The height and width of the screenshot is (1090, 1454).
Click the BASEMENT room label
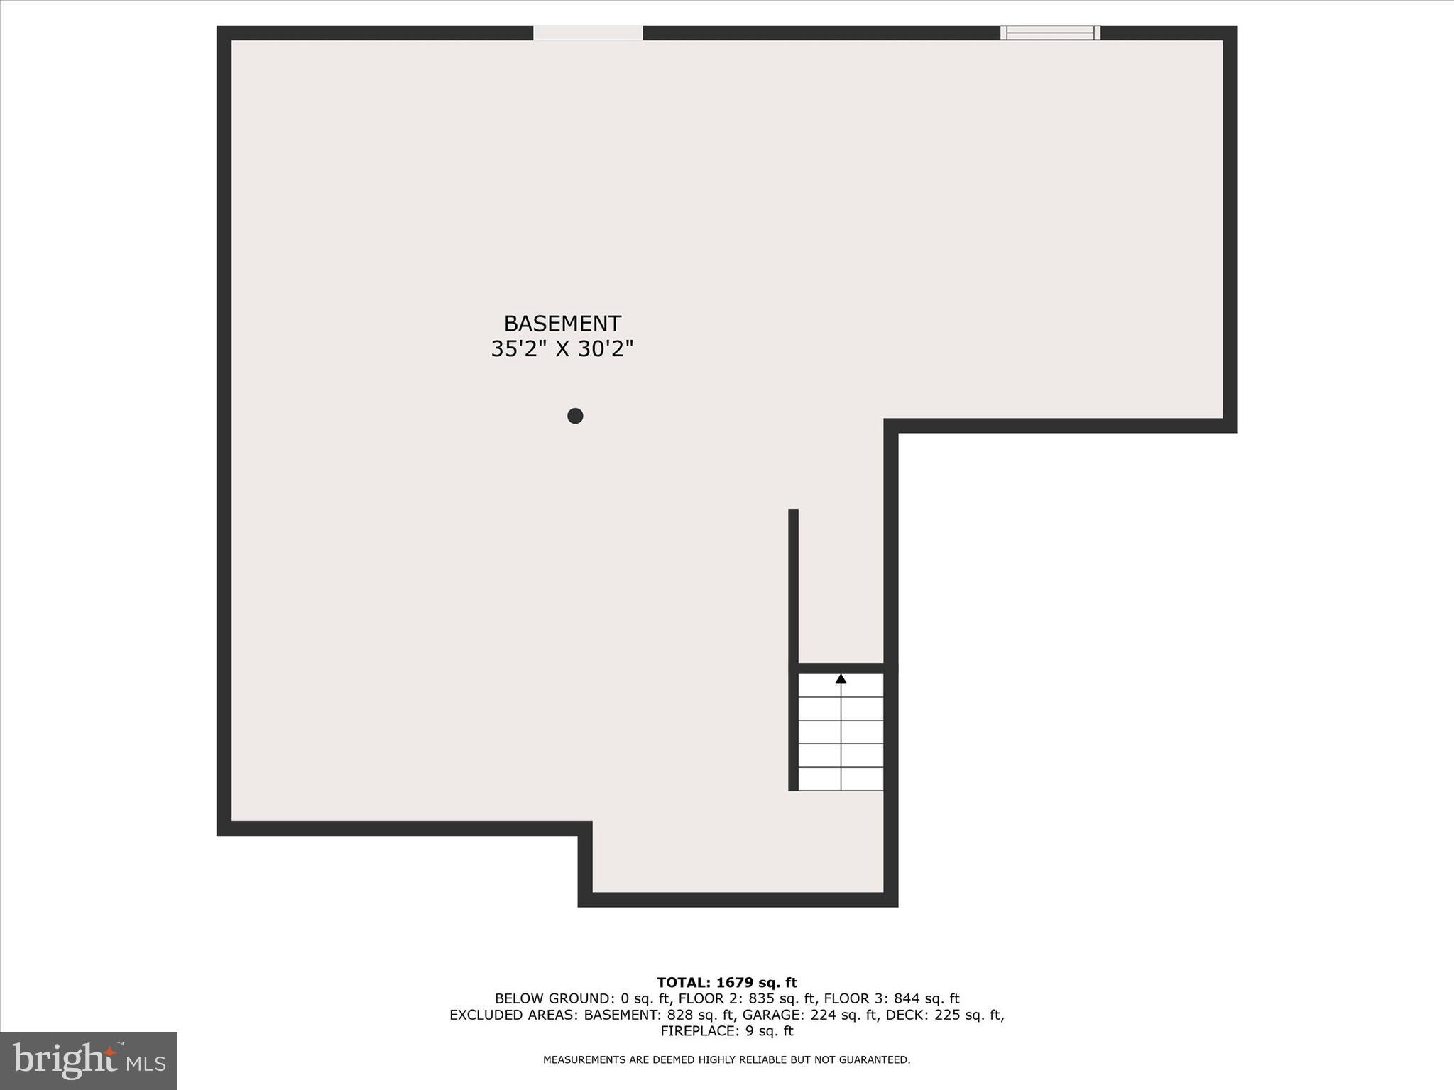coord(562,324)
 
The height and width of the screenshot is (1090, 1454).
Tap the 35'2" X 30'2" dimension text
coord(562,349)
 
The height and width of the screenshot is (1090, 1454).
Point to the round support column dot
coord(575,416)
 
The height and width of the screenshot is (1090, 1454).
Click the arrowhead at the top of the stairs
coord(841,679)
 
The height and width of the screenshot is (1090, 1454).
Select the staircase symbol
coord(841,732)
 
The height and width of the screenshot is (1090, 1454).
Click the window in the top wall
coord(1050,33)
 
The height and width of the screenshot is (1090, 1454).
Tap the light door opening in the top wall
coord(588,33)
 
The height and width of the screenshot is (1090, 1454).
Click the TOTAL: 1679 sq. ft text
coord(727,983)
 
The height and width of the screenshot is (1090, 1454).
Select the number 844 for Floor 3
coord(907,999)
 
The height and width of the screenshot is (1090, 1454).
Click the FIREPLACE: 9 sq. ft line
coord(727,1032)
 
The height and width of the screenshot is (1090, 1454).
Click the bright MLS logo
coord(89,1060)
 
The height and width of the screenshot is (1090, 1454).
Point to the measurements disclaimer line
coord(727,1059)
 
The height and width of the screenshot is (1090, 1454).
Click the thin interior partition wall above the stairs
coord(794,585)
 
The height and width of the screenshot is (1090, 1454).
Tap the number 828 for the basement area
coord(679,1015)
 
